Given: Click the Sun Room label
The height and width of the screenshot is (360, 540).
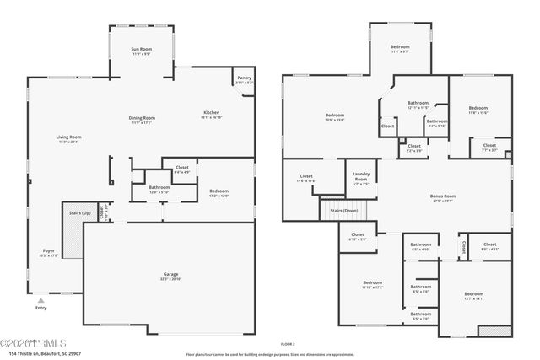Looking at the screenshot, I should (140, 51).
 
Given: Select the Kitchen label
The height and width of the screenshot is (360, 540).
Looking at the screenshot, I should (211, 113).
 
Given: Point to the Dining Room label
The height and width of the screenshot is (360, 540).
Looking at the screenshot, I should (142, 117).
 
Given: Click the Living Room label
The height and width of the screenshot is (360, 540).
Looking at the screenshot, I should (68, 137).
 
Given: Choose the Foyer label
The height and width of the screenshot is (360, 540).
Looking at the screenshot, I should (47, 250).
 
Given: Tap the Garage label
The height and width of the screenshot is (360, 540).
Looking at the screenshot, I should (171, 274).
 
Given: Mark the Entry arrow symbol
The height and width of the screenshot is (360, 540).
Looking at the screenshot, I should (40, 298).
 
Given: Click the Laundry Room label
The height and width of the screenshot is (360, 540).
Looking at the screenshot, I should (360, 178).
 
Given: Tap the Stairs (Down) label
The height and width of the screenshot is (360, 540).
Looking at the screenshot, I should (343, 210).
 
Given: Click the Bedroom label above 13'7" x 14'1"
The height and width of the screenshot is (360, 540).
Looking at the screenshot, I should (473, 293).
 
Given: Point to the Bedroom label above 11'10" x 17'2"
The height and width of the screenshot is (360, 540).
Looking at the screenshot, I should (372, 282).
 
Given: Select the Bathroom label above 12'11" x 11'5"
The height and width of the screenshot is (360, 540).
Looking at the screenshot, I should (418, 103).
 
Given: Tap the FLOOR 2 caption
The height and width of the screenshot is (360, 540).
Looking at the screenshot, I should (288, 344).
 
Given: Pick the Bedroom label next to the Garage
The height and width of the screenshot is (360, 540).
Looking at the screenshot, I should (219, 191).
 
